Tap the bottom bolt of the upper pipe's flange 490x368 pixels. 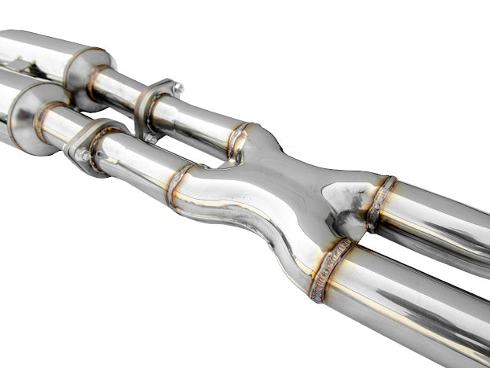[x=149, y=138]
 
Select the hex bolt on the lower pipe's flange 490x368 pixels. [x=82, y=155]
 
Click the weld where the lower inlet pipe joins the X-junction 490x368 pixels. [x=179, y=186]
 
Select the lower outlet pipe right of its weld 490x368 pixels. [x=408, y=307]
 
